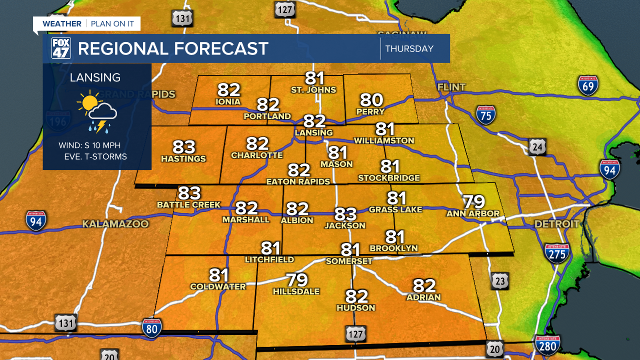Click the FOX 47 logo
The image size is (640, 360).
[61, 48]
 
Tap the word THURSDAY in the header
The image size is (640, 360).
[409, 49]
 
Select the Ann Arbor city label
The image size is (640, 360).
[473, 213]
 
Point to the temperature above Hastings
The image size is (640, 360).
[183, 147]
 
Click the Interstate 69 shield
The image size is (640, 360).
[588, 85]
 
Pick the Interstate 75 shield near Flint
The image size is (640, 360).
[485, 115]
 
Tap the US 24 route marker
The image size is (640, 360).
[538, 146]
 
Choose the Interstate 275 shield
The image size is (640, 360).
[557, 253]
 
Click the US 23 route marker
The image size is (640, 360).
[500, 281]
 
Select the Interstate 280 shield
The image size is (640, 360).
[547, 344]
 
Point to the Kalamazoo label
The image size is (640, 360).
[115, 224]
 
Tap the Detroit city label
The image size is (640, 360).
[557, 224]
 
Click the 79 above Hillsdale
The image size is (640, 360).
[296, 280]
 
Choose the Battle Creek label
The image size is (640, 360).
[188, 204]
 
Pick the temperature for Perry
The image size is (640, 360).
[371, 100]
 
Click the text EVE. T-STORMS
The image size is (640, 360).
[95, 157]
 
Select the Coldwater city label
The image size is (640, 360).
[218, 286]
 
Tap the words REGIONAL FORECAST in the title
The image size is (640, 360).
[173, 49]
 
